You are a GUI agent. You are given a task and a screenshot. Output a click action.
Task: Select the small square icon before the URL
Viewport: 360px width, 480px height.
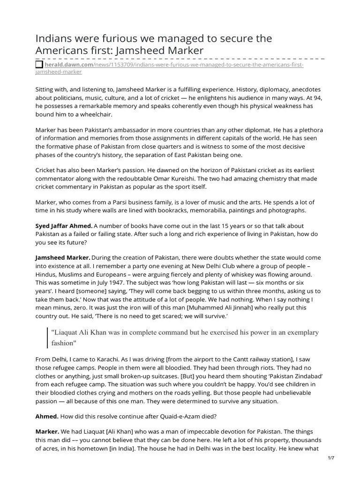point(39,64)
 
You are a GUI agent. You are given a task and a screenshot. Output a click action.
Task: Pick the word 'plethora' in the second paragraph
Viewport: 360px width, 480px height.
point(310,130)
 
